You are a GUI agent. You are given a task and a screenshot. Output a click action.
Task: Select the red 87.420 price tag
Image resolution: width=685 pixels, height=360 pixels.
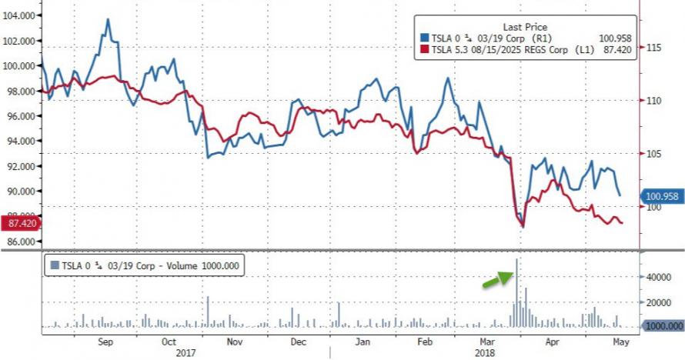(22, 223)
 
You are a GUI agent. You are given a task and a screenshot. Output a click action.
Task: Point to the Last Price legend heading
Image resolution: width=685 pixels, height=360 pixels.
(526, 25)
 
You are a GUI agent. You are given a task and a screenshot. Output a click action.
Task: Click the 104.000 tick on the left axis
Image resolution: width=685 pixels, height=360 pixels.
(22, 15)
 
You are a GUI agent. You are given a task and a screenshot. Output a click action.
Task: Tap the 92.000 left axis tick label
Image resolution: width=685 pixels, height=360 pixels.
(22, 166)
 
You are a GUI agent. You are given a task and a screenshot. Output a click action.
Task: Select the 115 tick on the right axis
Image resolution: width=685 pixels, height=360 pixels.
(654, 48)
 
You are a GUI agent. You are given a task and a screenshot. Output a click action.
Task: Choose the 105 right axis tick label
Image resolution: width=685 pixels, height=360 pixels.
(654, 154)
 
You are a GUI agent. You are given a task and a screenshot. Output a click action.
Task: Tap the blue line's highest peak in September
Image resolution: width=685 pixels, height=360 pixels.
(107, 19)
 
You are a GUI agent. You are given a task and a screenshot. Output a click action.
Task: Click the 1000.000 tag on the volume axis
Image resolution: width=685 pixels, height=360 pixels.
(661, 327)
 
